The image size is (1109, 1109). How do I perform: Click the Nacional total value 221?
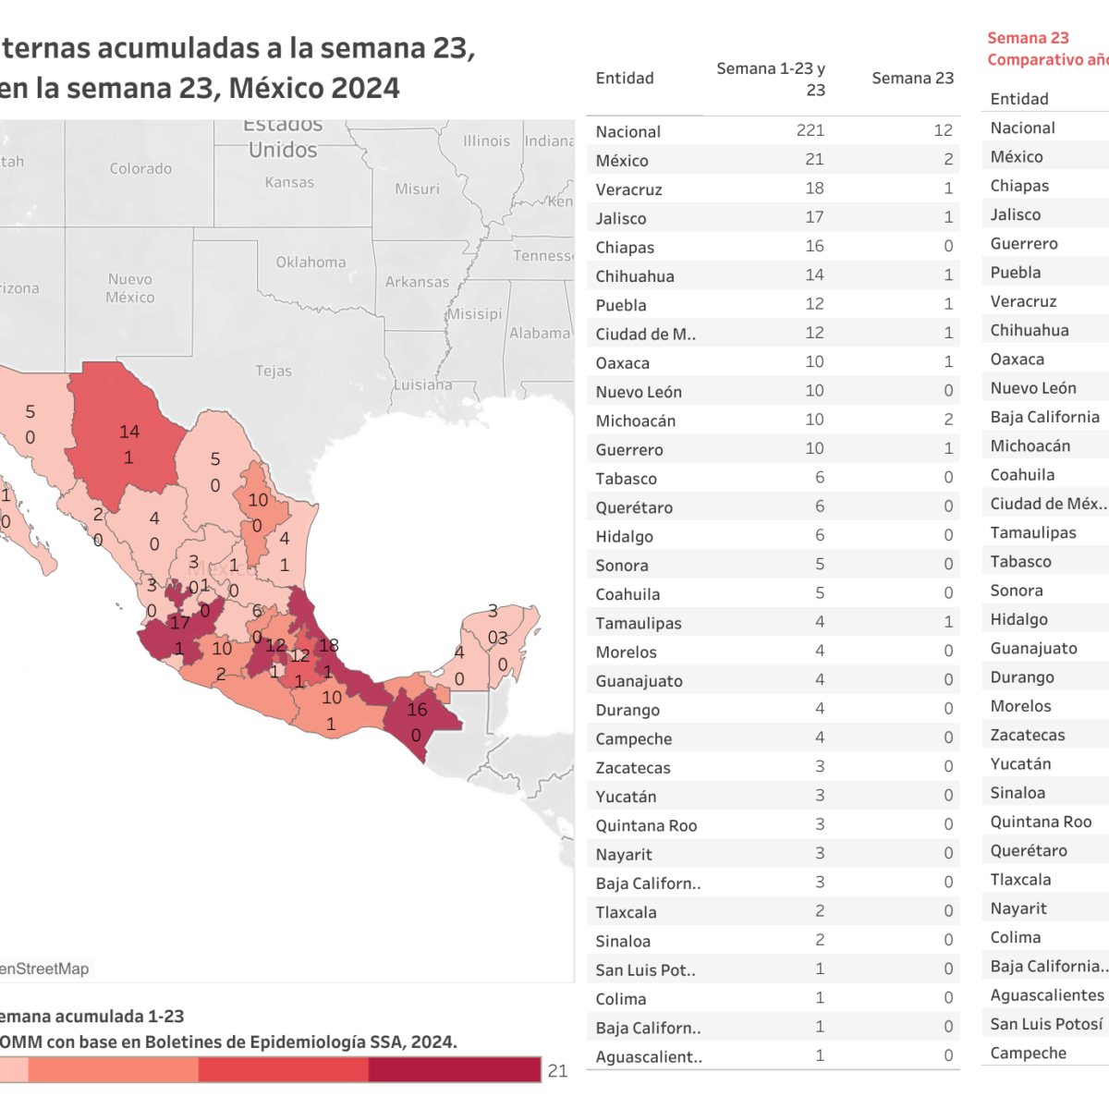click(810, 130)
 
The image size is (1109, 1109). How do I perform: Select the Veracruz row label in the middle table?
click(628, 189)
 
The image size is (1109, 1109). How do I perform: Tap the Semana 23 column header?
click(912, 79)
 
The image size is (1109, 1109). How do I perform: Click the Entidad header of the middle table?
click(625, 79)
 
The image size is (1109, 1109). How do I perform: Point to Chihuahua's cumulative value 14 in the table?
click(813, 275)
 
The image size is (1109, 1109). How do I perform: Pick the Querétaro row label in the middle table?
click(634, 507)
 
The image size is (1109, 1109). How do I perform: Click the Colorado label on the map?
click(140, 168)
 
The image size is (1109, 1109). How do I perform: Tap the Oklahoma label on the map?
click(311, 262)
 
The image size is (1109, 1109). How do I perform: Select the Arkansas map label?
click(417, 282)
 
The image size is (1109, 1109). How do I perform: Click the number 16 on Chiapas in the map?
click(417, 710)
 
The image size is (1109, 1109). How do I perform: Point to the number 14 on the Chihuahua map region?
click(129, 432)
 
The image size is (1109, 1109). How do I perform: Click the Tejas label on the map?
click(274, 371)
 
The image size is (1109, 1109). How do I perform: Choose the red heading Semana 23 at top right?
click(1028, 38)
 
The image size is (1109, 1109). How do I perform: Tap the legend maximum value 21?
click(557, 1070)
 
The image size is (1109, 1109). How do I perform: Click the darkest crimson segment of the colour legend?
click(454, 1069)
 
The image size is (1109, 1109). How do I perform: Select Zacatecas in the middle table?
click(633, 768)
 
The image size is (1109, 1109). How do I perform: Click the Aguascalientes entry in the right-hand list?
click(1047, 995)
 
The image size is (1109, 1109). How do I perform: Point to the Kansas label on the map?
click(289, 182)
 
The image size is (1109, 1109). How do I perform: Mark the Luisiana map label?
click(423, 384)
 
